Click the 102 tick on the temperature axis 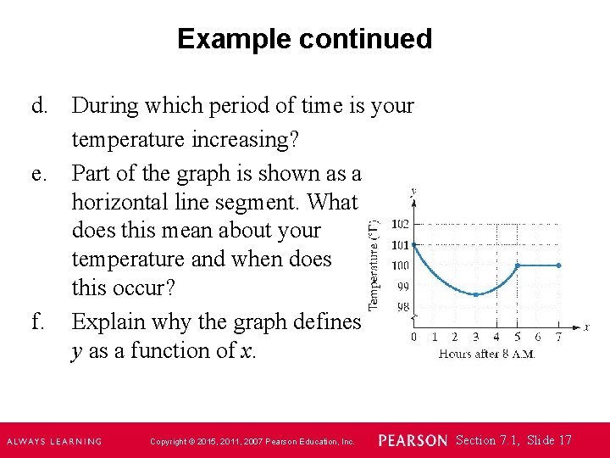[399, 224]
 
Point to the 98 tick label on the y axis [402, 306]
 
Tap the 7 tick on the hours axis [558, 337]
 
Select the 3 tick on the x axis [475, 337]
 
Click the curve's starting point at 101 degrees [413, 245]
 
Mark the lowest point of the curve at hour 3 [476, 294]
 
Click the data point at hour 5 [518, 265]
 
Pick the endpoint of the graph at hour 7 [559, 265]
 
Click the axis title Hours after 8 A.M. [486, 354]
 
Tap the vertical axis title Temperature [374, 264]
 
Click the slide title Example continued [304, 39]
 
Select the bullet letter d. [39, 106]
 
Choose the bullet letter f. [37, 321]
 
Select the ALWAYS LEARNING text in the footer [54, 441]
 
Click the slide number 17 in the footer [565, 440]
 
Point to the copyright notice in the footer [252, 441]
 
